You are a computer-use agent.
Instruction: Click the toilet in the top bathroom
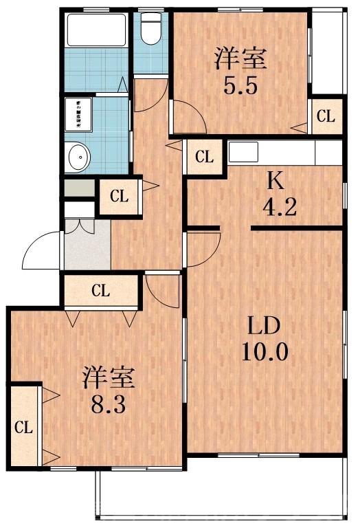click(150, 29)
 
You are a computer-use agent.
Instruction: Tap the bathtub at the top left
click(97, 30)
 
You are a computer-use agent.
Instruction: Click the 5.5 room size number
click(240, 86)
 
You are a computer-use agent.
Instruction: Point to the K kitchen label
click(275, 180)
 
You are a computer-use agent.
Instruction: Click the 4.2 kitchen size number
click(280, 206)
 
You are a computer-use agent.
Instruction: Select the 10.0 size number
click(265, 353)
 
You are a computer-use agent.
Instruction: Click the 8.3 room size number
click(109, 403)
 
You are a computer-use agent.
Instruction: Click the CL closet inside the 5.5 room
click(325, 116)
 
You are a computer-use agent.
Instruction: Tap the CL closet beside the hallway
click(120, 197)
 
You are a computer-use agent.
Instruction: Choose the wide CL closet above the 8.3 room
click(101, 290)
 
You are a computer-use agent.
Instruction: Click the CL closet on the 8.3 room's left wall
click(23, 426)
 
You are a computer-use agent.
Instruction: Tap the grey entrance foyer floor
click(87, 245)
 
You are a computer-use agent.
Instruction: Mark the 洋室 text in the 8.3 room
click(109, 377)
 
